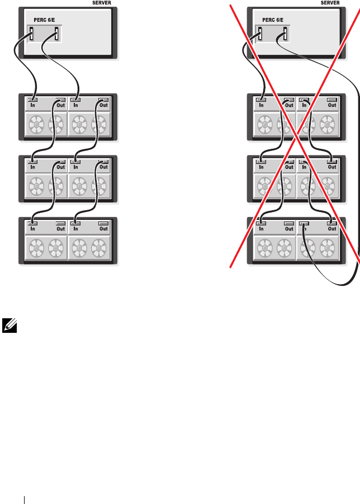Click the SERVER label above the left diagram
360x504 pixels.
pyautogui.click(x=101, y=3)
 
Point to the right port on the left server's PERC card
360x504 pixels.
pyautogui.click(x=56, y=35)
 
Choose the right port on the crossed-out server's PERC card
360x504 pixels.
pyautogui.click(x=285, y=35)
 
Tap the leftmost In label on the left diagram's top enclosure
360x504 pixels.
pyautogui.click(x=32, y=105)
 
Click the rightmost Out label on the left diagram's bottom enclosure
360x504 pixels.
pyautogui.click(x=104, y=229)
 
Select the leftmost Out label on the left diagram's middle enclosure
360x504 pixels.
pyautogui.click(x=60, y=167)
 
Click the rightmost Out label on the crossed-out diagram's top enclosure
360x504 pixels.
pyautogui.click(x=332, y=105)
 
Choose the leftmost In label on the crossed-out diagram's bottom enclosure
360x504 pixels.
pyautogui.click(x=261, y=229)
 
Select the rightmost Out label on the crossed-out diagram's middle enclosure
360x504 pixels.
pyautogui.click(x=332, y=167)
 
